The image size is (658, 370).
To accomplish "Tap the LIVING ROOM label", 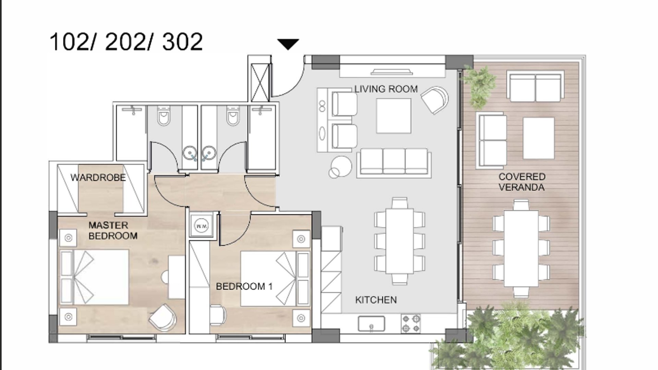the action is point(386,89).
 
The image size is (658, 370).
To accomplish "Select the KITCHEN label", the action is point(376,300).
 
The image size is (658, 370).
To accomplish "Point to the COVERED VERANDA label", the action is point(522,182).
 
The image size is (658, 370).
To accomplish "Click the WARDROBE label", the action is point(98,177).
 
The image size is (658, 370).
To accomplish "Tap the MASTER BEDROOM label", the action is point(113,230).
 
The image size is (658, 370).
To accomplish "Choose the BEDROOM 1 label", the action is point(244,286).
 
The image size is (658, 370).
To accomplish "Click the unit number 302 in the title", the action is point(182,42).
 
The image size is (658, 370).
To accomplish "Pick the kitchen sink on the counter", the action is point(371,324).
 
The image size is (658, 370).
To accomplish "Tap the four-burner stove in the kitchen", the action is point(411,324).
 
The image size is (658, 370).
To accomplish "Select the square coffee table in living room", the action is point(394,116).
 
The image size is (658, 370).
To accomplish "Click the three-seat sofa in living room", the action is point(394,163).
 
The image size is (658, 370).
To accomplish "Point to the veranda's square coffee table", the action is point(539,138).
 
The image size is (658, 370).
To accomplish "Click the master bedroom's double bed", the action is point(94,277).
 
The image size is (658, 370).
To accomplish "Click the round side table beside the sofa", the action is point(341,166).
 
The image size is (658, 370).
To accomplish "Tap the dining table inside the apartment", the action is point(400,241).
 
